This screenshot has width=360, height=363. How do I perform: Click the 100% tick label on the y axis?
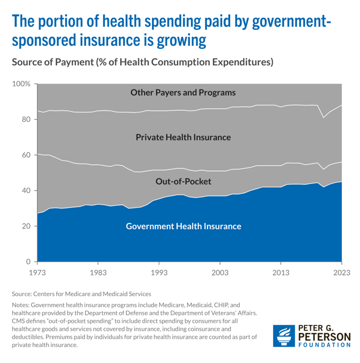coord(22,84)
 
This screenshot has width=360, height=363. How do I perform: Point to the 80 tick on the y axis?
coord(26,120)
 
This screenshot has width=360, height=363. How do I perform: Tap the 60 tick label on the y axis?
coord(26,155)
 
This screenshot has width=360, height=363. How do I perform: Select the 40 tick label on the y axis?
coord(26,191)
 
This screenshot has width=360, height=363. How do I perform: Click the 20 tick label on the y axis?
coord(26,226)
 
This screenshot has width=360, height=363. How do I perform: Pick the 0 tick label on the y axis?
coord(28,261)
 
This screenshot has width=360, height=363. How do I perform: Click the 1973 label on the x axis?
coord(37,273)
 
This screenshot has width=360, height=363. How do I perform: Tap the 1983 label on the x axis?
coord(98,273)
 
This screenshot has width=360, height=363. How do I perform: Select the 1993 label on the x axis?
coord(159,273)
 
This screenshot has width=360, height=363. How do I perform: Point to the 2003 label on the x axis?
coord(220,273)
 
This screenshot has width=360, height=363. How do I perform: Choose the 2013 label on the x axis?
coord(281,273)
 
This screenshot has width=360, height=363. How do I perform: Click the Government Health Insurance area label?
coord(183,226)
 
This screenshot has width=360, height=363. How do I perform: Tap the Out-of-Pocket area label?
coord(183,181)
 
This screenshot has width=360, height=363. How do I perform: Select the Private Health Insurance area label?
coord(183,137)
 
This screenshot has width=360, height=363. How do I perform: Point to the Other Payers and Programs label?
coord(183,92)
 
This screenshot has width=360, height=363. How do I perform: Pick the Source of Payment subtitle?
coord(142,61)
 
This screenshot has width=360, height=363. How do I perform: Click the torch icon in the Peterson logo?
coord(284,337)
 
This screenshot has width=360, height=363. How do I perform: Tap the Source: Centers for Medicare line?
coord(81,294)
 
